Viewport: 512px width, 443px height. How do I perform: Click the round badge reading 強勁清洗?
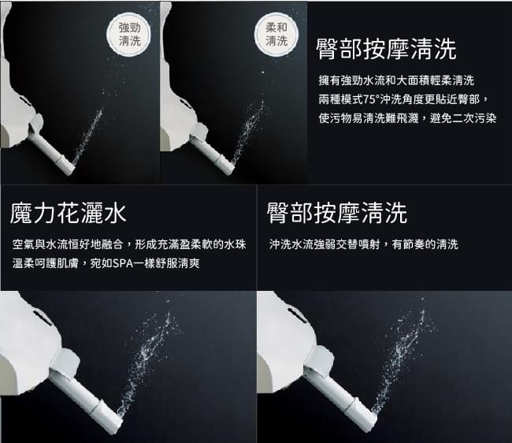tap(129, 34)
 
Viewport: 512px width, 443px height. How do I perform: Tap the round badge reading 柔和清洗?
tap(276, 34)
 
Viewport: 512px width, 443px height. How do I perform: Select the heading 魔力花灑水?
tap(68, 213)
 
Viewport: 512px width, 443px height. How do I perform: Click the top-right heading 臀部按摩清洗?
tap(386, 49)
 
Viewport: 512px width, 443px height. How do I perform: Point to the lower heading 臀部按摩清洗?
tap(337, 213)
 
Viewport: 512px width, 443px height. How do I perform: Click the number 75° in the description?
tap(371, 99)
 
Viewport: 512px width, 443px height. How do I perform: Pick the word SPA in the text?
tap(123, 263)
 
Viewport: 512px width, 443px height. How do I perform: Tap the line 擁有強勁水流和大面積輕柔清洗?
tap(396, 80)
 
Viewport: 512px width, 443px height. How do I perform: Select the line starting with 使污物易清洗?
tap(407, 118)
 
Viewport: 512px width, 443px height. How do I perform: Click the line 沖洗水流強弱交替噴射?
tap(364, 244)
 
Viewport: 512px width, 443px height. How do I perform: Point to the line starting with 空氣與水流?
tap(129, 244)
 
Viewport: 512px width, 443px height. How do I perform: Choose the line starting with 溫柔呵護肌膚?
tap(106, 263)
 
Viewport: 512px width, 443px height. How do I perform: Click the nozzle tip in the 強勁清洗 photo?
tap(70, 166)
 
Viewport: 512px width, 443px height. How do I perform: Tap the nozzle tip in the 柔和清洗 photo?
tap(229, 166)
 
